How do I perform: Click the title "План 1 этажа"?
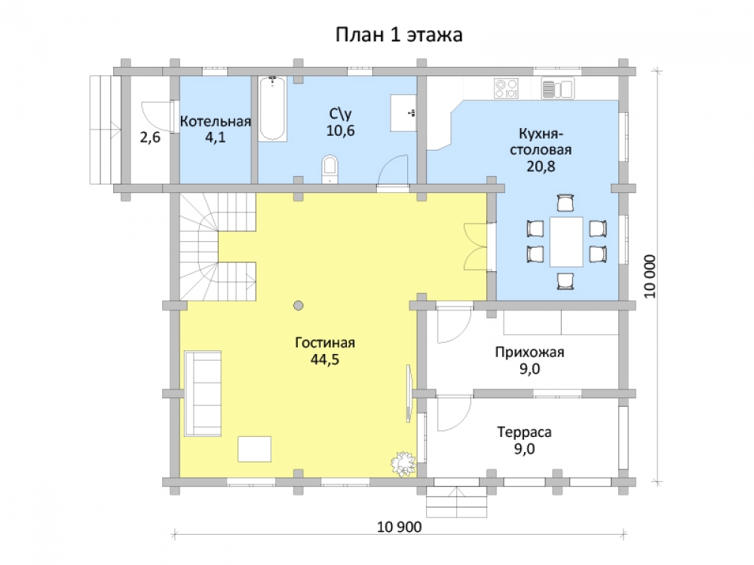tap(399, 35)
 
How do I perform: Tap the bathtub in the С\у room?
tap(273, 108)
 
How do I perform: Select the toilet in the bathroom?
tap(330, 169)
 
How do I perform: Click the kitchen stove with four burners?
tap(507, 88)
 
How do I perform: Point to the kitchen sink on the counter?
tap(557, 88)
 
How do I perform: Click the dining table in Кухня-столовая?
tap(566, 242)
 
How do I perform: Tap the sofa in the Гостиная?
tap(202, 393)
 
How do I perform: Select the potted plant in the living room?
tap(403, 463)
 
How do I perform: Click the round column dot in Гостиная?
tap(299, 305)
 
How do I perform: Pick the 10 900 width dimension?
tap(399, 527)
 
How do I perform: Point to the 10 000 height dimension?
tap(650, 276)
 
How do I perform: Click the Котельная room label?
tap(216, 121)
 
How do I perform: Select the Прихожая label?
tap(529, 352)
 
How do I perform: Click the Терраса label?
tap(524, 432)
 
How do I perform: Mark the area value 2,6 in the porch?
tap(150, 138)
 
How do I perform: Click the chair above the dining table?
tap(565, 203)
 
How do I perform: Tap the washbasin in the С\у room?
tap(403, 113)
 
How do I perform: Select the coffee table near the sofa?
tap(254, 449)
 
